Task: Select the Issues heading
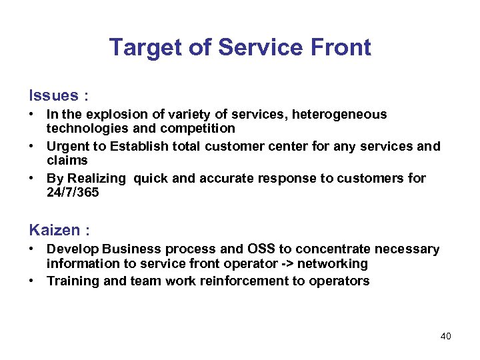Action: pyautogui.click(x=52, y=95)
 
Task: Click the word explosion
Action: pyautogui.click(x=111, y=115)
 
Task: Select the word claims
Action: pyautogui.click(x=67, y=160)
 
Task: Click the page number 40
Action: pyautogui.click(x=445, y=336)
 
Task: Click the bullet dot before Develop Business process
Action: pyautogui.click(x=32, y=249)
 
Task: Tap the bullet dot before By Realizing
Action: pyautogui.click(x=32, y=179)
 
